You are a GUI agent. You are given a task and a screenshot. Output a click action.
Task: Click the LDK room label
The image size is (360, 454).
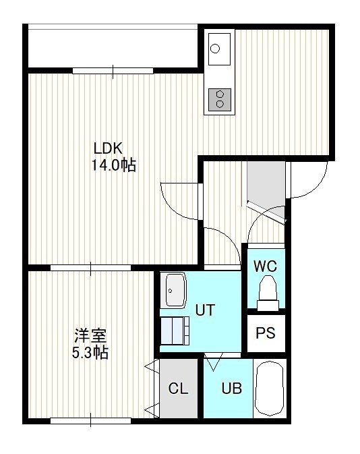[x=109, y=148]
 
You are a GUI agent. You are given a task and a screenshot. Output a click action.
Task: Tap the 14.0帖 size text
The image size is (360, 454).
[x=114, y=165]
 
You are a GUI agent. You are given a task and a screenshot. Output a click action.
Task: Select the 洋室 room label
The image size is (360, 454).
[x=90, y=335]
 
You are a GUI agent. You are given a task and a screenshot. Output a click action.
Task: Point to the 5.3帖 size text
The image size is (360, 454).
[x=90, y=353]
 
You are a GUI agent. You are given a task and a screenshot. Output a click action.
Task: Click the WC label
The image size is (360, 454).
[x=266, y=266]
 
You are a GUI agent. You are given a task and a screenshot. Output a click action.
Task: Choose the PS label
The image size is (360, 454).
[x=266, y=333]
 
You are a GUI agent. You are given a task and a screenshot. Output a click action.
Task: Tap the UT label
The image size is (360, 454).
[x=205, y=310]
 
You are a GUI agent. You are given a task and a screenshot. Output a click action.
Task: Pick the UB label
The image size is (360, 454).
[x=232, y=389]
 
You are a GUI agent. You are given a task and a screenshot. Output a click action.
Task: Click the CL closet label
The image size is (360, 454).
[x=178, y=389]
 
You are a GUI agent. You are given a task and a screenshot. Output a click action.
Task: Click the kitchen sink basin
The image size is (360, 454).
[x=219, y=49]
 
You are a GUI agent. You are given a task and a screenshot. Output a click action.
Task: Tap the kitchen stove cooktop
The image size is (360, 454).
[x=220, y=99]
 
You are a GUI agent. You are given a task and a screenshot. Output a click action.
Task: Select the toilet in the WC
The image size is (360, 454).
[x=268, y=293]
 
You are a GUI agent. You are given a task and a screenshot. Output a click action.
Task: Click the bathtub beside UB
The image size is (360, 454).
[x=270, y=389]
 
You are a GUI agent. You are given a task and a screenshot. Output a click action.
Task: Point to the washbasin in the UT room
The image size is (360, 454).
[x=175, y=290]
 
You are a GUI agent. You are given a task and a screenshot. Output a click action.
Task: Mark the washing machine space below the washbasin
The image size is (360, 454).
[x=175, y=331]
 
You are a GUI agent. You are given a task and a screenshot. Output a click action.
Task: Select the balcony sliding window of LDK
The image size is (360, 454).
[x=113, y=71]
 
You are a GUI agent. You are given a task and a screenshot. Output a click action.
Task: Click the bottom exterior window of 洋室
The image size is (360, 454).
[x=90, y=420]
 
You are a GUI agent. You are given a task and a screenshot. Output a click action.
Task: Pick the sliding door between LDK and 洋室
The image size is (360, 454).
[x=90, y=268]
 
